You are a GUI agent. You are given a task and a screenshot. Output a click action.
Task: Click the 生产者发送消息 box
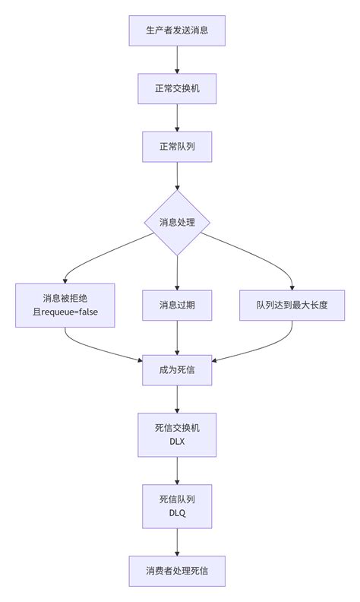tap(177, 30)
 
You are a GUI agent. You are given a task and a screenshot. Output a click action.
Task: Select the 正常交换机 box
tap(177, 88)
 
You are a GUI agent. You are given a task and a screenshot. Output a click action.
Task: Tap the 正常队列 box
tap(177, 147)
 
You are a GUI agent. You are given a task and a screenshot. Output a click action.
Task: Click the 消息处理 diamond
tap(177, 223)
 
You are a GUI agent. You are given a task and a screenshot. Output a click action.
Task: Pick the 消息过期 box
tap(177, 306)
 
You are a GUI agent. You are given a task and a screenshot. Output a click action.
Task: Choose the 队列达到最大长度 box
tap(292, 306)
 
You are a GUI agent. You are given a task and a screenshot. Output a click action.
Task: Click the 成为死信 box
tap(177, 370)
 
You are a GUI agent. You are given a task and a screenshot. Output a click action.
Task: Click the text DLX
tap(177, 442)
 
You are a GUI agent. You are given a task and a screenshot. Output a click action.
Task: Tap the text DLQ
tap(177, 513)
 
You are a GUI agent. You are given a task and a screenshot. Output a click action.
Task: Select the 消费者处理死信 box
tap(177, 570)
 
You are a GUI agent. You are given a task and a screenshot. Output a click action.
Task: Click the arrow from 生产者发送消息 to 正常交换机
tap(177, 59)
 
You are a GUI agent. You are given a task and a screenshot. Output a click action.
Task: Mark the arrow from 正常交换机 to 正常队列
tap(177, 117)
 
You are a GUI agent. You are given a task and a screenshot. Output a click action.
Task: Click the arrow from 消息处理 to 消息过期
tap(177, 272)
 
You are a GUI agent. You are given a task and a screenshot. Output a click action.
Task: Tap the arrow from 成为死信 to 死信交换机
tap(177, 400)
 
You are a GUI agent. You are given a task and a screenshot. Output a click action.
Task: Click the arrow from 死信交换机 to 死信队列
tap(177, 471)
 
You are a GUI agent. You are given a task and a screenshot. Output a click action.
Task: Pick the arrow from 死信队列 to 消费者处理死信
tap(177, 542)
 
